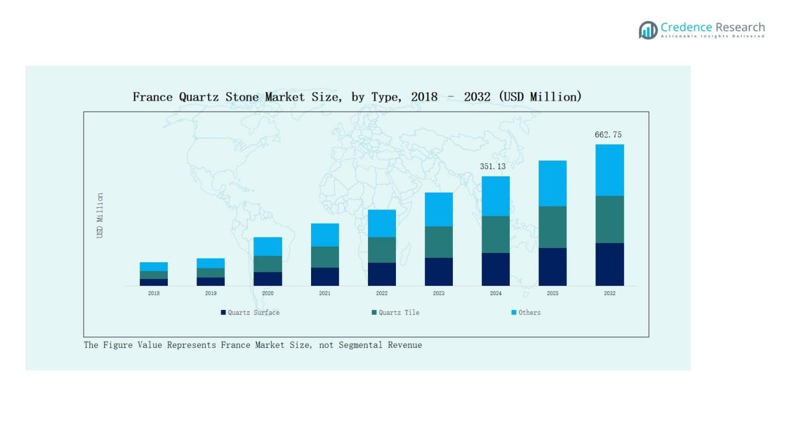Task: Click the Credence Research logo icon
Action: tap(648, 30)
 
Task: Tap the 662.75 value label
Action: tap(608, 135)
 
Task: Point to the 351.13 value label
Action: tap(493, 166)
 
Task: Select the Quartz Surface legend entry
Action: tap(250, 312)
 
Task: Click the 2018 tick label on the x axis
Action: tap(154, 293)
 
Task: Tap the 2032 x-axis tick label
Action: tap(610, 293)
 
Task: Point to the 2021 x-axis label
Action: tap(325, 293)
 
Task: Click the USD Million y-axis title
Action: tap(100, 215)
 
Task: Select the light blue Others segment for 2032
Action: tap(610, 170)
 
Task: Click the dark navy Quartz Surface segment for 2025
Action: tap(553, 267)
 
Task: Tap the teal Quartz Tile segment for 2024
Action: tap(496, 234)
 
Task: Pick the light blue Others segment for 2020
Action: tap(268, 246)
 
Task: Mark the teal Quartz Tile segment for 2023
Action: tap(439, 242)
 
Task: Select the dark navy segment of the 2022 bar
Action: tap(382, 274)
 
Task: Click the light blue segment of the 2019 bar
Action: tap(211, 263)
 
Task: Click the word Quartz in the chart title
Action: tap(198, 97)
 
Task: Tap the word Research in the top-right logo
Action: tap(740, 27)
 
